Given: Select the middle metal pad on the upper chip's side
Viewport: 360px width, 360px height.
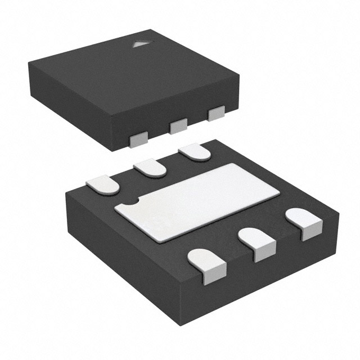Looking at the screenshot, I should pyautogui.click(x=178, y=126).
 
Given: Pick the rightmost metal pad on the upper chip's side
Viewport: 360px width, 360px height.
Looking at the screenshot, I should pyautogui.click(x=216, y=113).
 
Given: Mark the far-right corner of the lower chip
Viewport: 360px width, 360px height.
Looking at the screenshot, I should pyautogui.click(x=340, y=214).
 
